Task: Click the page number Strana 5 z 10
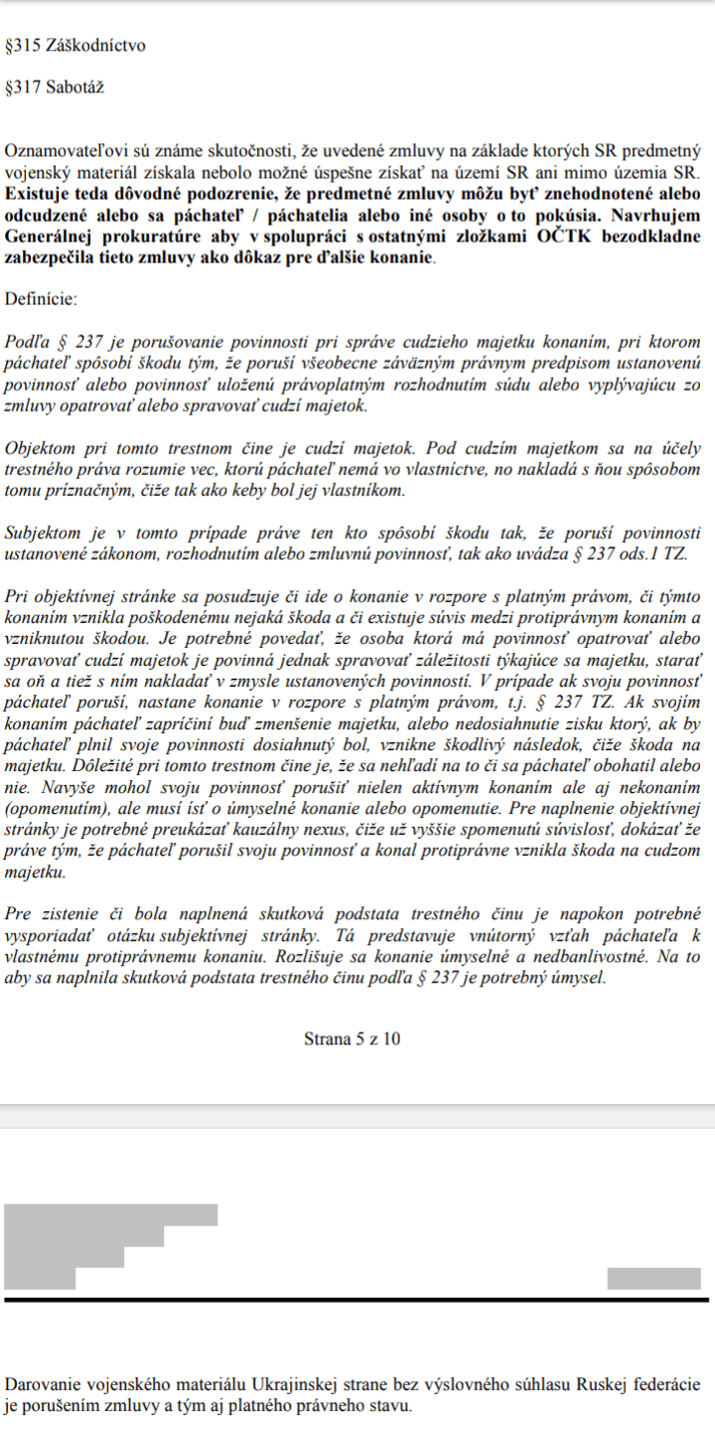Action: [x=353, y=1039]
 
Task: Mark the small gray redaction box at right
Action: [x=640, y=1278]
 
